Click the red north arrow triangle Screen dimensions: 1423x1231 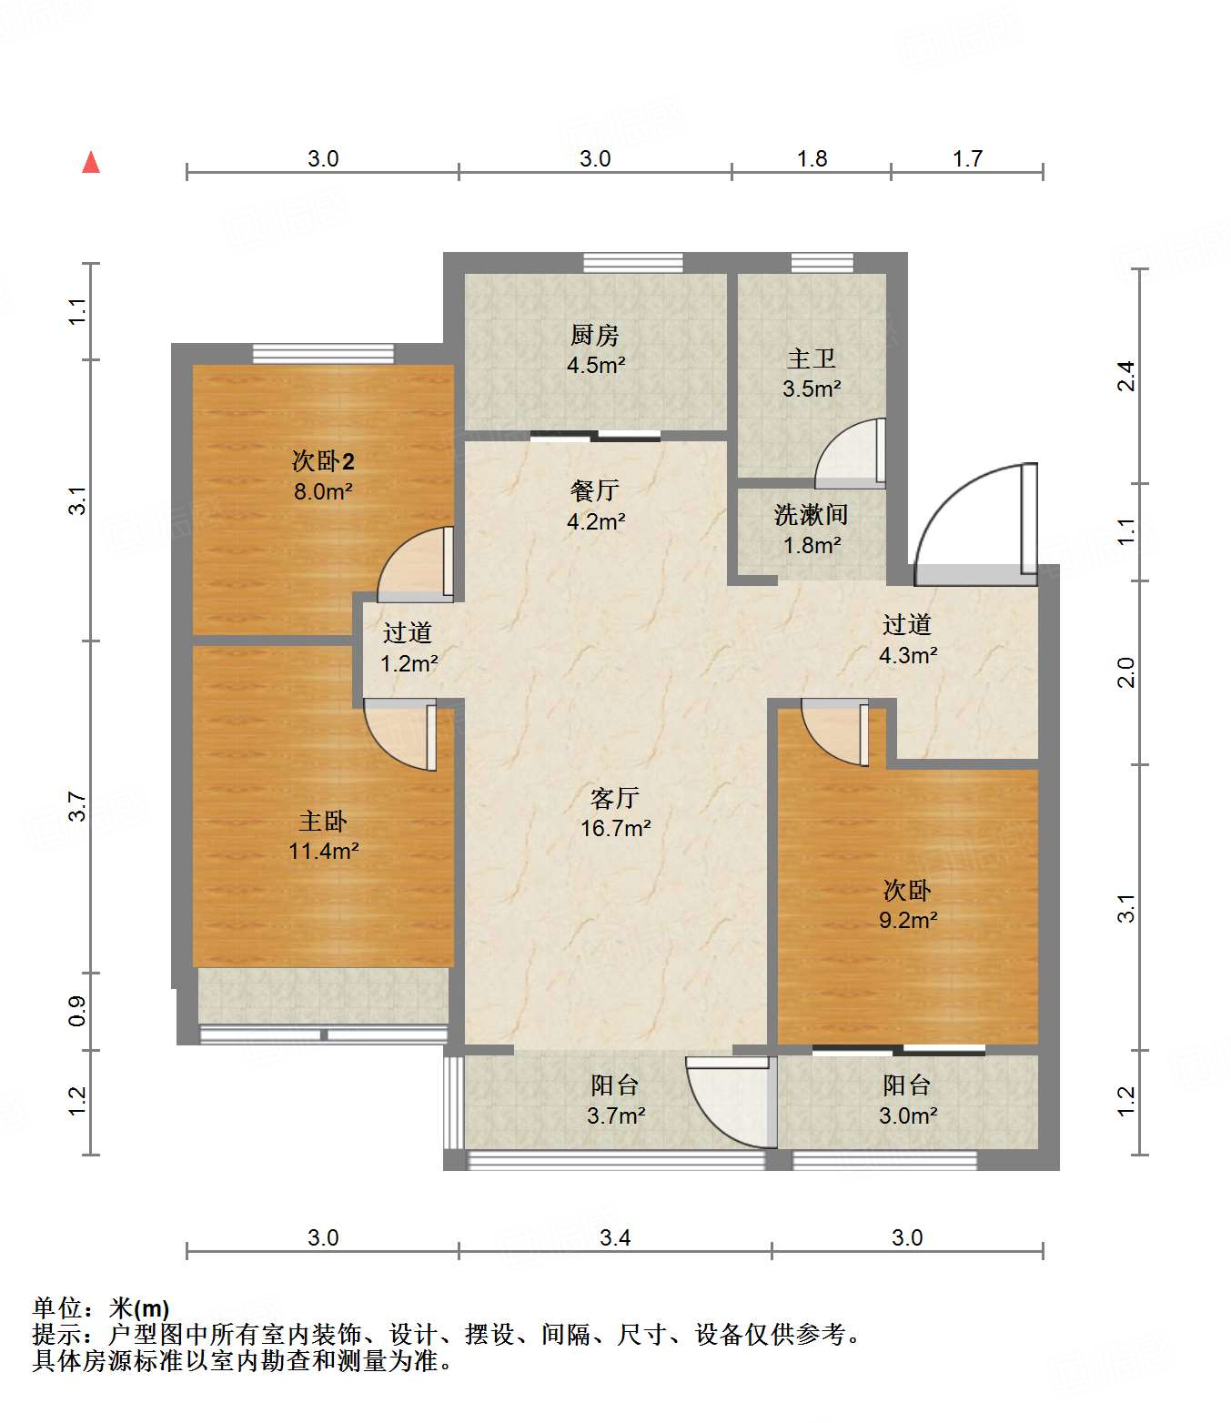[91, 163]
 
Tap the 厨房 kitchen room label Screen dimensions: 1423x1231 [595, 350]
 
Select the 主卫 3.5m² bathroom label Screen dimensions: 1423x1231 [811, 373]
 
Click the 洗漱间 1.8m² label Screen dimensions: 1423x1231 [811, 530]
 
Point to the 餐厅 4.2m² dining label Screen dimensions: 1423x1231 [595, 505]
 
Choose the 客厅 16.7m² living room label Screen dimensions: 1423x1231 [615, 812]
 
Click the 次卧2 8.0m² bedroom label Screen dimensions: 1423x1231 [323, 475]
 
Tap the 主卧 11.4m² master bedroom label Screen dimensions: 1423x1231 [323, 835]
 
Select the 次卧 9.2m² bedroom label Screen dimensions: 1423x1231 [907, 904]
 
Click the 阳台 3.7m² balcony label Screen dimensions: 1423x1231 [615, 1099]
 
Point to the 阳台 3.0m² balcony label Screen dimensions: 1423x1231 [907, 1099]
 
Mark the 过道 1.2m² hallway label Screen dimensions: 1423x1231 [408, 647]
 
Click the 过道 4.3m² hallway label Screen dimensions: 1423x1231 [907, 639]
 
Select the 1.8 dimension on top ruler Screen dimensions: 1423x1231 [812, 159]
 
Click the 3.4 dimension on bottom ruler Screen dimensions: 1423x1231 [615, 1237]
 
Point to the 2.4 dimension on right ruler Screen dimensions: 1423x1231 [1126, 376]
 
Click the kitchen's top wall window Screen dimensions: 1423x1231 [633, 263]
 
